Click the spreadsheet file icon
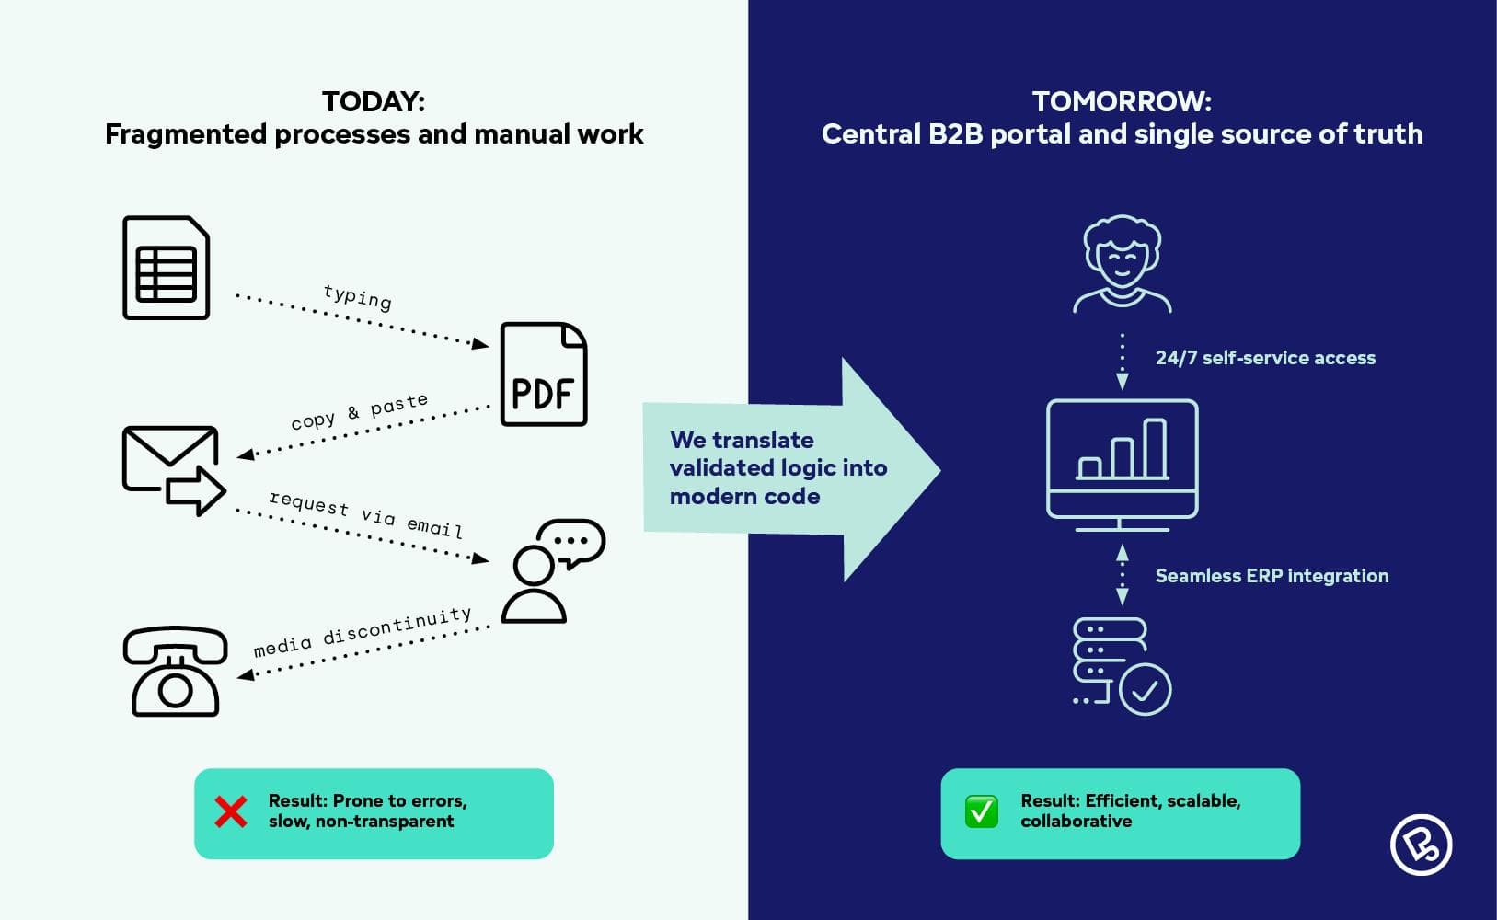click(167, 268)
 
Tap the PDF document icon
click(543, 374)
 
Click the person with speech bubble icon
click(551, 570)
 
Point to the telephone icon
click(175, 671)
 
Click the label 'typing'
click(358, 297)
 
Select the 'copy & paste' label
click(359, 411)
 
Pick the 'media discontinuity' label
click(362, 632)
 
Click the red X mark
click(230, 811)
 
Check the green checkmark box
click(981, 811)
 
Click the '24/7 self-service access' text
click(1265, 358)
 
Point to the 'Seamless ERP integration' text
click(1272, 576)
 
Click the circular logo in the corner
click(1421, 844)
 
